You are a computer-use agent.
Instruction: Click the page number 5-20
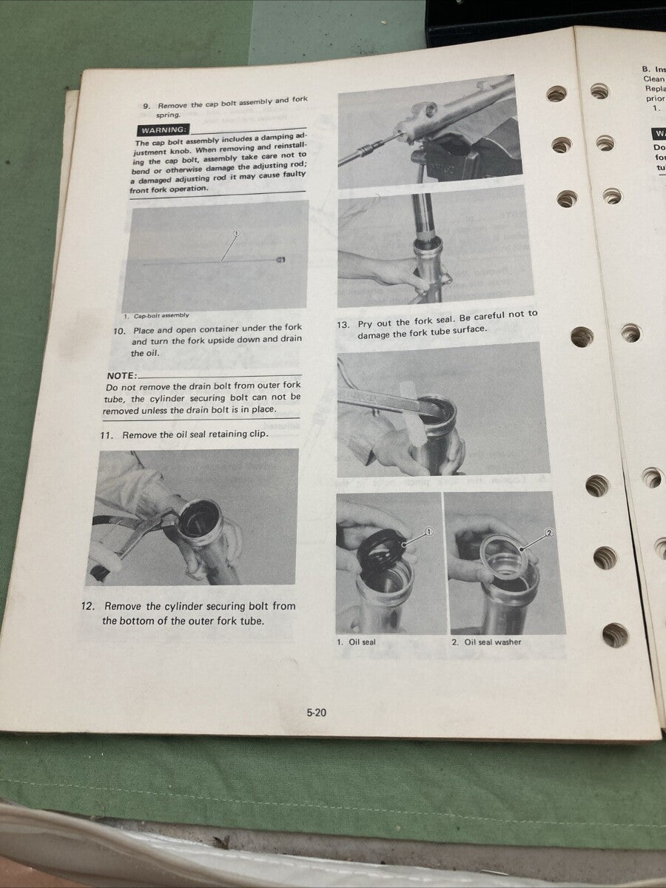tap(316, 713)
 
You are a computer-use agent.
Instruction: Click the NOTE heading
tap(121, 375)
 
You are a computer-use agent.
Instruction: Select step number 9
tap(146, 106)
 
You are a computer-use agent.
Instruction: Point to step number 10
tap(118, 330)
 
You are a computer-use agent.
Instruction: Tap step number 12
tap(87, 606)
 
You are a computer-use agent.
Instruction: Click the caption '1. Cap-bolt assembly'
tap(155, 315)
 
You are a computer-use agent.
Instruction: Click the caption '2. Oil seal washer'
tap(486, 642)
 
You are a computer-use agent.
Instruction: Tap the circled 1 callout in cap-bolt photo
tap(236, 233)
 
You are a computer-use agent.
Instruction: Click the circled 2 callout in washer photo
tap(549, 532)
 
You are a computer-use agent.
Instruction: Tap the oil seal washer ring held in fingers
tap(503, 556)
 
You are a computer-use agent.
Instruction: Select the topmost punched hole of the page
tap(556, 94)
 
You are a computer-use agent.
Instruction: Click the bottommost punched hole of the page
tap(615, 634)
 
